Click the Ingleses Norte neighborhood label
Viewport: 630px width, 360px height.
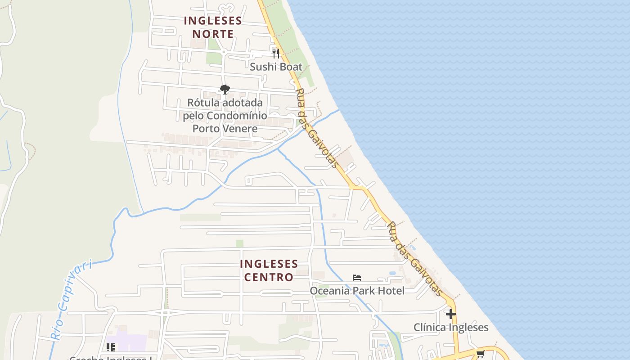pyautogui.click(x=213, y=27)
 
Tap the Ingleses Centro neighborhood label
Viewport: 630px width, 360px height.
pyautogui.click(x=269, y=270)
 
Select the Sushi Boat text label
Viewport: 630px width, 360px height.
pyautogui.click(x=276, y=67)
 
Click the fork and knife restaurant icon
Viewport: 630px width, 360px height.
pyautogui.click(x=276, y=54)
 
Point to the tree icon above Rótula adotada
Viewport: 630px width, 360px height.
pyautogui.click(x=225, y=89)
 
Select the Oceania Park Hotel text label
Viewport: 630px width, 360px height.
pyautogui.click(x=357, y=291)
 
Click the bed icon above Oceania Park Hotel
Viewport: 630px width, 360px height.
pyautogui.click(x=357, y=278)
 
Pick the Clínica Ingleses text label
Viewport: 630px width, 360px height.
pyautogui.click(x=451, y=327)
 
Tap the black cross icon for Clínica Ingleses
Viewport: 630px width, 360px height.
pyautogui.click(x=451, y=314)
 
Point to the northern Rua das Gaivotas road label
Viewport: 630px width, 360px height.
pyautogui.click(x=316, y=128)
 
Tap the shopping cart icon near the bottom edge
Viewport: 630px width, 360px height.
pyautogui.click(x=480, y=354)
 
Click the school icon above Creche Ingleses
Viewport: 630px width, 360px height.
pyautogui.click(x=111, y=347)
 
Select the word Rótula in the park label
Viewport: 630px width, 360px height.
pyautogui.click(x=203, y=103)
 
